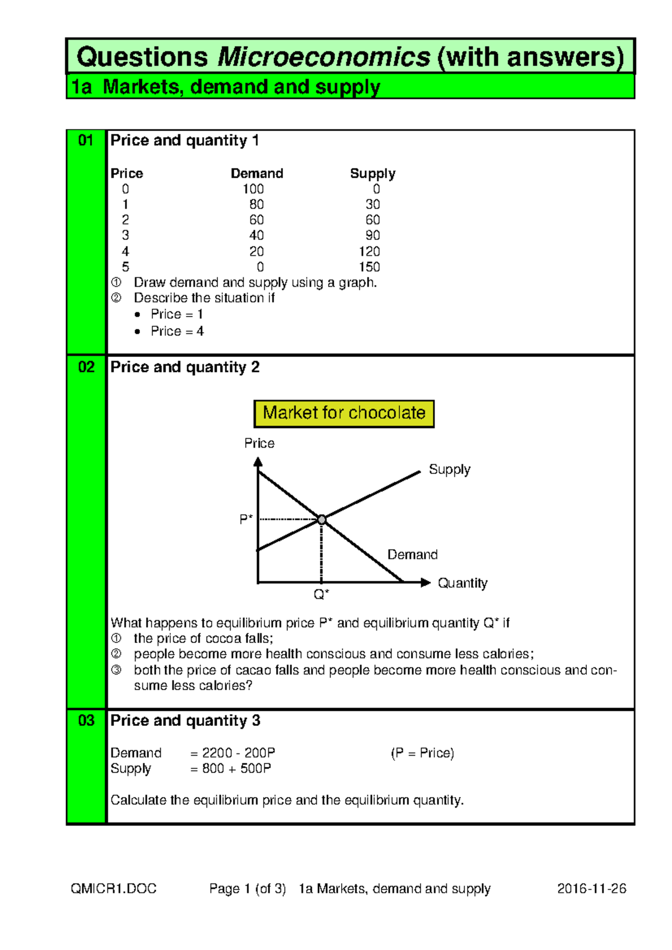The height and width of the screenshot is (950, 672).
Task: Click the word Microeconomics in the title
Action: coord(324,57)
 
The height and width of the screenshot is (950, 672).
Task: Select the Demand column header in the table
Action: coord(257,174)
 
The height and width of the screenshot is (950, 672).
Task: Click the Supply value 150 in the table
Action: coord(370,267)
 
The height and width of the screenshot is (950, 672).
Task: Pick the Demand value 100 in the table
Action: coord(253,189)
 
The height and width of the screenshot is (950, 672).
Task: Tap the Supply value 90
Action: coord(372,236)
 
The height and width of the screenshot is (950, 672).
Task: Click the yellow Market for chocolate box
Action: coord(344,413)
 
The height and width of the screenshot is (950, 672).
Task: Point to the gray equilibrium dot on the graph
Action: coord(321,520)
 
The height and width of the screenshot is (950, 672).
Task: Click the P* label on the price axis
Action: coord(246,519)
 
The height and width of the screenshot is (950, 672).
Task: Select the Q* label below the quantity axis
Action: coord(321,594)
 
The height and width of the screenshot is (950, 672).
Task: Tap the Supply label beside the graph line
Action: coord(449,469)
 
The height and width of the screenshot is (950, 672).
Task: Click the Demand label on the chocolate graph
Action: coord(412,555)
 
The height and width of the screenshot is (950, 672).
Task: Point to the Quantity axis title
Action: coord(463,583)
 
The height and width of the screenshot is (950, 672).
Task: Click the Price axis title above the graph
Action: coord(259,444)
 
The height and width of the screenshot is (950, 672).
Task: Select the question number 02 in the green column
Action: coord(86,367)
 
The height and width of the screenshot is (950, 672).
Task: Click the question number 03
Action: coord(86,721)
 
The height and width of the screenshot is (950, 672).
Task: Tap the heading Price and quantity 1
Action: coord(184,141)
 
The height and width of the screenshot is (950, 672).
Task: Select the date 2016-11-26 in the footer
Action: coord(591,889)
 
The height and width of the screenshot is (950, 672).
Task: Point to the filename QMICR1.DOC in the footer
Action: coord(114,889)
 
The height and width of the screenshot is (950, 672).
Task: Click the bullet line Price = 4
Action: coord(177,332)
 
